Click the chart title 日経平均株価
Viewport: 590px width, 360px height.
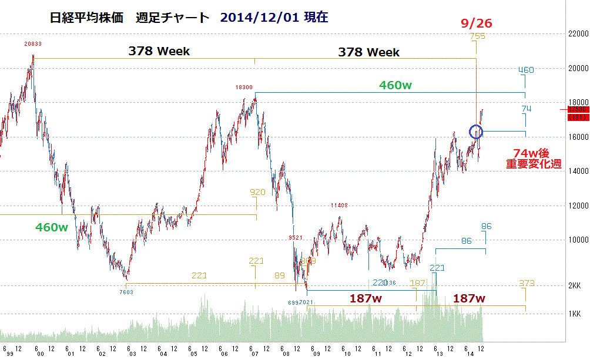pyautogui.click(x=87, y=18)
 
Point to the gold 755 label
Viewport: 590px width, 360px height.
pyautogui.click(x=477, y=37)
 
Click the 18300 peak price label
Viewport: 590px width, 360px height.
pyautogui.click(x=244, y=87)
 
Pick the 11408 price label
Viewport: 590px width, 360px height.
pyautogui.click(x=339, y=206)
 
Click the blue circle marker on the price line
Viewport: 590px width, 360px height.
pyautogui.click(x=476, y=131)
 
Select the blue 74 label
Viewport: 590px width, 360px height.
pyautogui.click(x=526, y=109)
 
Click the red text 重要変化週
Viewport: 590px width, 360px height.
pyautogui.click(x=534, y=165)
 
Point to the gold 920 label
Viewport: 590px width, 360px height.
pyautogui.click(x=257, y=192)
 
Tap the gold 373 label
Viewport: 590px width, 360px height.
pyautogui.click(x=527, y=284)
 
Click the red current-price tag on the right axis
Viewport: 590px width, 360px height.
pyautogui.click(x=578, y=113)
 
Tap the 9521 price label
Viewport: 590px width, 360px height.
pyautogui.click(x=295, y=237)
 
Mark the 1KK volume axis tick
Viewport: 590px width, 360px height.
pyautogui.click(x=575, y=314)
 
